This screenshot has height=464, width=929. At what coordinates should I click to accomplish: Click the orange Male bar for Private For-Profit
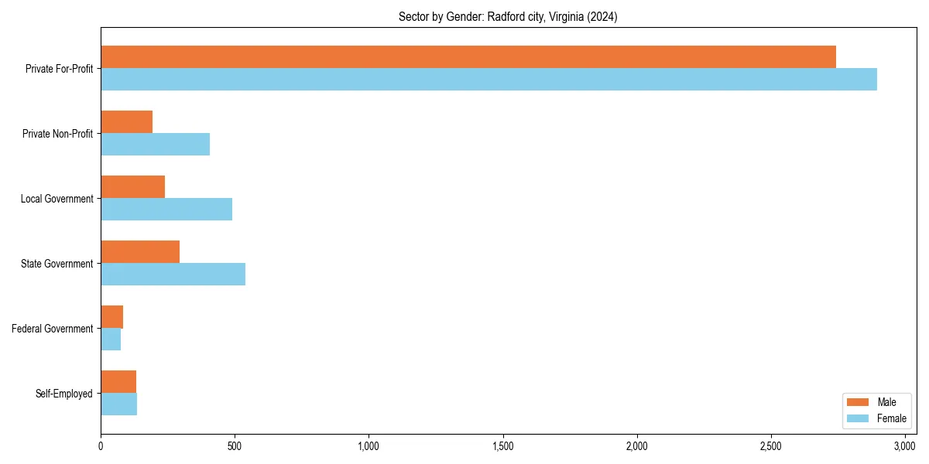point(468,57)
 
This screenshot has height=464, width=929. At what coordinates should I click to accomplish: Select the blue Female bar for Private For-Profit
point(488,79)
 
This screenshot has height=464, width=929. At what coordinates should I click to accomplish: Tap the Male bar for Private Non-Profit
point(126,122)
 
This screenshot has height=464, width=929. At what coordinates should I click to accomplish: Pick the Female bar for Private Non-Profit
point(155,144)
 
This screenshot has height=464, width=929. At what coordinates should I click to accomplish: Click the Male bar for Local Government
point(132,187)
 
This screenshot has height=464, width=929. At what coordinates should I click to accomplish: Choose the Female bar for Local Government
point(166,209)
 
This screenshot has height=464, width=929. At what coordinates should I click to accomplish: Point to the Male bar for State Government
point(140,252)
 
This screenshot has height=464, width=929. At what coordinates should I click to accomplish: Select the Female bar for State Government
point(173,274)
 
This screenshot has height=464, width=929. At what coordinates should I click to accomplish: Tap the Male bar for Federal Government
point(111,317)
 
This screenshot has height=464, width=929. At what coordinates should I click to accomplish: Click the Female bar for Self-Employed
point(118,404)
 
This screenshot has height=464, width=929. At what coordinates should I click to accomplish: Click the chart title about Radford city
point(508,16)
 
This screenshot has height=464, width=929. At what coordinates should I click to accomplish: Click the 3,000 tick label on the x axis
point(905,446)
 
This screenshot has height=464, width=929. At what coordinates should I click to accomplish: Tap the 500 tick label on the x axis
point(235,446)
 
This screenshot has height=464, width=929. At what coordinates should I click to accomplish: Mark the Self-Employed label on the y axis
point(64,394)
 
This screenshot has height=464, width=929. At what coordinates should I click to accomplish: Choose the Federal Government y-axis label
point(53,329)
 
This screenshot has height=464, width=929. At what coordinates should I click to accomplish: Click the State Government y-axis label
point(57,264)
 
